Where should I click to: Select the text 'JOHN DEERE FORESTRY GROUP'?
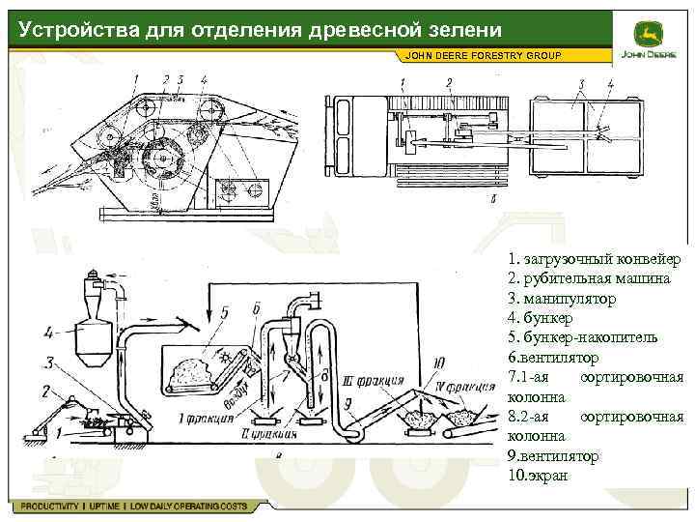coord(488,55)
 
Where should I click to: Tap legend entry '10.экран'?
coord(538,476)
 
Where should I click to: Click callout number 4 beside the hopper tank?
coord(48,333)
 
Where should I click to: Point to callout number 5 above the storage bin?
coord(224,312)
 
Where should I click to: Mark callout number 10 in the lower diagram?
coord(441,362)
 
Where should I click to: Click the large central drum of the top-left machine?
coord(161,158)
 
